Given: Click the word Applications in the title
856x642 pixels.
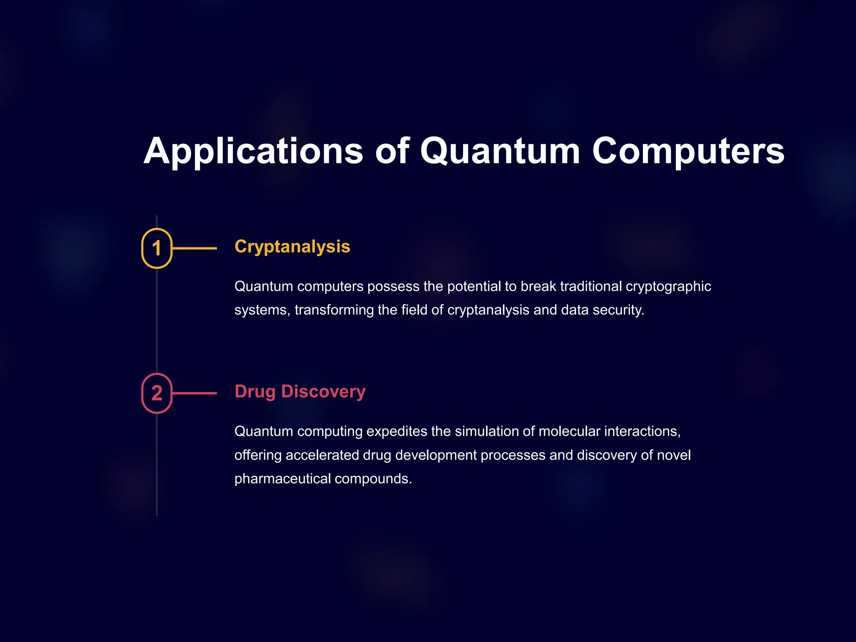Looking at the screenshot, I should coord(253,151).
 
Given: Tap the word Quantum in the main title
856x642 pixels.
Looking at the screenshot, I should coord(500,151).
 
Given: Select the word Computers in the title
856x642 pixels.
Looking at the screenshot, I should coord(688,151).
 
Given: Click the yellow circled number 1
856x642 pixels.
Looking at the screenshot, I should coord(157,248).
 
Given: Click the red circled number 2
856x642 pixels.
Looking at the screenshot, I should coord(157,393).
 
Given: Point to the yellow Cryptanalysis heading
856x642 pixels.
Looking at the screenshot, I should coord(292,247).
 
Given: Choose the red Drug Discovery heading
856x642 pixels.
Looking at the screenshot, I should coord(300,392).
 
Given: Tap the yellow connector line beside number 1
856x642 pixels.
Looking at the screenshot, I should coord(195,248).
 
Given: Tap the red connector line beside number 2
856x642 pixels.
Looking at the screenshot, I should coord(195,393).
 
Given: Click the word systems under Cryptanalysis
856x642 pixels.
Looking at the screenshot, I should coord(262,310).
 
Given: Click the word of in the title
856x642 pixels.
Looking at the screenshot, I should coord(392,151).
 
